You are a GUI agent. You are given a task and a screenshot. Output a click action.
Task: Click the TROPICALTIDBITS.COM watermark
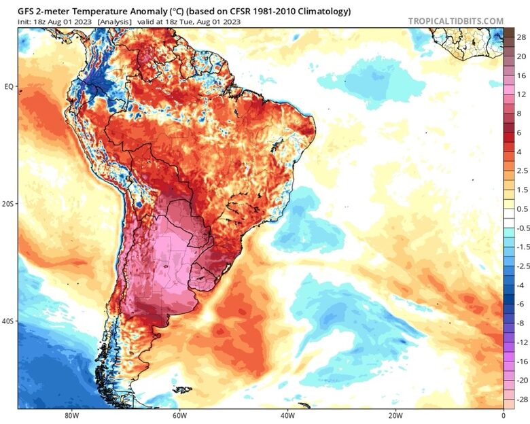456,21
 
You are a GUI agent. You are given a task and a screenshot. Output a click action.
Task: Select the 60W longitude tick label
179,416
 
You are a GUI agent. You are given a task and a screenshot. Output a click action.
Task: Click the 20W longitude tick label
395,416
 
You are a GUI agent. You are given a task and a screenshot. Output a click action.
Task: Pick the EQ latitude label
10,87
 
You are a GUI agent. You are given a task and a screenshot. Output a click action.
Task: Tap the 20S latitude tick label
9,204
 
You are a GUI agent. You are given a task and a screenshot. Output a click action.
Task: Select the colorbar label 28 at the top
521,37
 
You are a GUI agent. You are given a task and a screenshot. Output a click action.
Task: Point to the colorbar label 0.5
521,209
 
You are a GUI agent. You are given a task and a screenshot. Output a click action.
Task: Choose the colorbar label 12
521,94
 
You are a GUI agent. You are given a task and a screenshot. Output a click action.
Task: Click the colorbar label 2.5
521,171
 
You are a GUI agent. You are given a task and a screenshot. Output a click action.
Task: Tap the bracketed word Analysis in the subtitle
115,22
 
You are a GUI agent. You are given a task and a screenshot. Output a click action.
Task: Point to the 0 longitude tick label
503,416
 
